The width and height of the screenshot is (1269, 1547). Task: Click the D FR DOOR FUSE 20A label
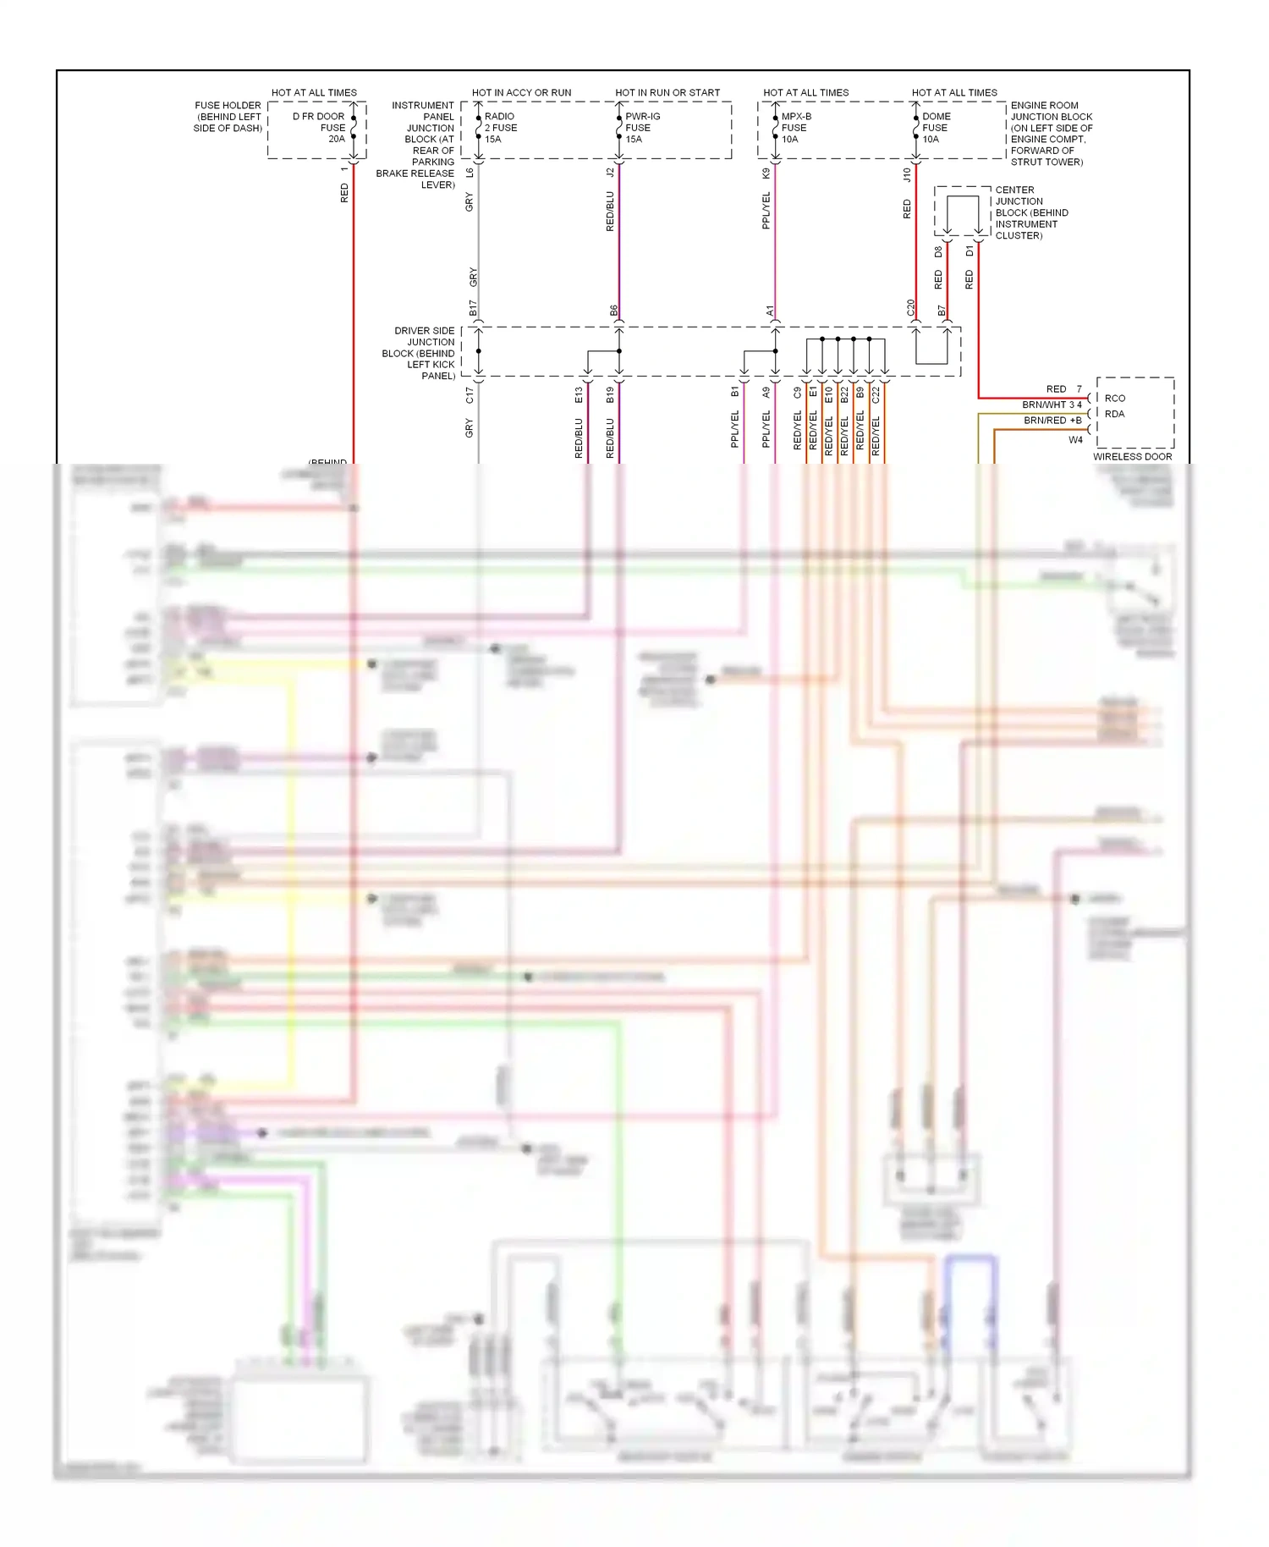point(320,128)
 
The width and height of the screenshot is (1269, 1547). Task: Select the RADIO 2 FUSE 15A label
point(500,128)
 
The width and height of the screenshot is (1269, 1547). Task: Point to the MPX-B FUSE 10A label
point(795,128)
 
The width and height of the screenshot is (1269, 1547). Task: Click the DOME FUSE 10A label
point(936,128)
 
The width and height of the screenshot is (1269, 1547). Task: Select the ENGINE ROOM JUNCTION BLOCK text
point(1050,134)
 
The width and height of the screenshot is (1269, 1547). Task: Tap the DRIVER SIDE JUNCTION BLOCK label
point(419,353)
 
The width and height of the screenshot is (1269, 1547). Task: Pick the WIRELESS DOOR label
point(1132,456)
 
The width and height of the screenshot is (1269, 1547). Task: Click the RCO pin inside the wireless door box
point(1115,398)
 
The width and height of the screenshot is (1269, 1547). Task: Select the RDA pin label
point(1114,414)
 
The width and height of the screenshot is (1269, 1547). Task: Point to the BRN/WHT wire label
point(1044,405)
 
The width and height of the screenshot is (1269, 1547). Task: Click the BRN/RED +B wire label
point(1052,420)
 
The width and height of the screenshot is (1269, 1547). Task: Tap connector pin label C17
point(470,395)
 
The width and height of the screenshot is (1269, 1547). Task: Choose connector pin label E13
point(579,395)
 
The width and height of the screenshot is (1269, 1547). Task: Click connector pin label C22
point(876,394)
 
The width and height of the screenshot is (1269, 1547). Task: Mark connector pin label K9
point(766,173)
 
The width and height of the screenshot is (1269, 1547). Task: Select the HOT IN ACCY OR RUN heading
point(521,92)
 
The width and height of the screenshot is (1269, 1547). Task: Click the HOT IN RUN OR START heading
point(667,92)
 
